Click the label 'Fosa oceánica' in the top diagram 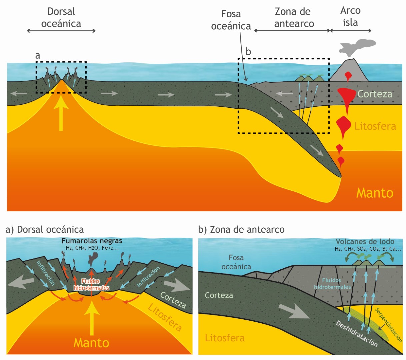[231, 20]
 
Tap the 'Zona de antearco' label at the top [293, 18]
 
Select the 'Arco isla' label [350, 17]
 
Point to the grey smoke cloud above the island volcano [357, 46]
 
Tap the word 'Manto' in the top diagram [375, 193]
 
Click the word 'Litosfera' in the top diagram [375, 126]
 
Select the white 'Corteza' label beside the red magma [375, 94]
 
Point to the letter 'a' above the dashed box [38, 56]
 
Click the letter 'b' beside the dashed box [248, 52]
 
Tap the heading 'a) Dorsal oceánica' [45, 230]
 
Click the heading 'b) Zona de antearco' [241, 230]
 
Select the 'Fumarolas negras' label [92, 241]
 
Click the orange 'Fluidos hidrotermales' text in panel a [91, 285]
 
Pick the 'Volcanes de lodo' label [365, 242]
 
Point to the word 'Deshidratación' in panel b [357, 334]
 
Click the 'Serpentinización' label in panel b [389, 325]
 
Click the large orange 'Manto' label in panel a [91, 343]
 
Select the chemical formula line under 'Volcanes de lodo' [368, 249]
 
